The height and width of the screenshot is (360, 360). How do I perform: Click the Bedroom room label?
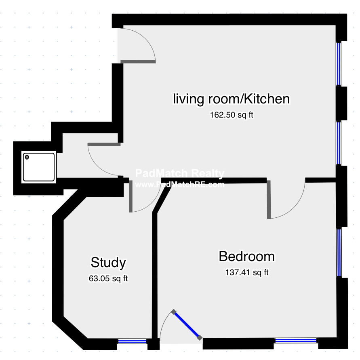[x=246, y=256]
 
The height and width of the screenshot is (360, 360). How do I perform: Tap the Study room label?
[x=108, y=263]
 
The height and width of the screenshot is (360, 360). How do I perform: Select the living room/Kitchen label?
[x=231, y=99]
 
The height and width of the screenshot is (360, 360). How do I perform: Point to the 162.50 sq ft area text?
[x=232, y=115]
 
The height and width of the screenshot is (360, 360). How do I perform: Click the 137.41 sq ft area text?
[x=247, y=273]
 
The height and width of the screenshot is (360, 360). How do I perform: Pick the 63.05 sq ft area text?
[x=108, y=278]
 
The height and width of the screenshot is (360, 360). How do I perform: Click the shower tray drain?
[x=27, y=157]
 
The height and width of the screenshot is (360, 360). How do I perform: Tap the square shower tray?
[x=39, y=167]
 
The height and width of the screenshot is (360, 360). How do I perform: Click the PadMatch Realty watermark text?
[x=180, y=173]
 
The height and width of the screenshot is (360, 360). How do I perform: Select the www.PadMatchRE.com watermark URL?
[x=180, y=184]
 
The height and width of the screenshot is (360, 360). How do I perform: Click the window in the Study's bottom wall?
[x=132, y=341]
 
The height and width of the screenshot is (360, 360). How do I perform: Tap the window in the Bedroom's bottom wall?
[x=296, y=341]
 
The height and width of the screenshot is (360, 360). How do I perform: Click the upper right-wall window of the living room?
[x=339, y=64]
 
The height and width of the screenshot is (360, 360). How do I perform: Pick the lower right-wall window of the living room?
[x=339, y=143]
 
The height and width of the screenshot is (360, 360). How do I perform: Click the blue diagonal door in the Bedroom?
[x=187, y=324]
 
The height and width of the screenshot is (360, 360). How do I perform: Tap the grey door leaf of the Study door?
[x=131, y=196]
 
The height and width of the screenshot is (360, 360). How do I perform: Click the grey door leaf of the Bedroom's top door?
[x=269, y=200]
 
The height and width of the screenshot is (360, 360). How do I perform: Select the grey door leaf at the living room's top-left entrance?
[x=138, y=61]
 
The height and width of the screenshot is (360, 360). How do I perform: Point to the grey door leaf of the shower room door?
[x=104, y=144]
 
